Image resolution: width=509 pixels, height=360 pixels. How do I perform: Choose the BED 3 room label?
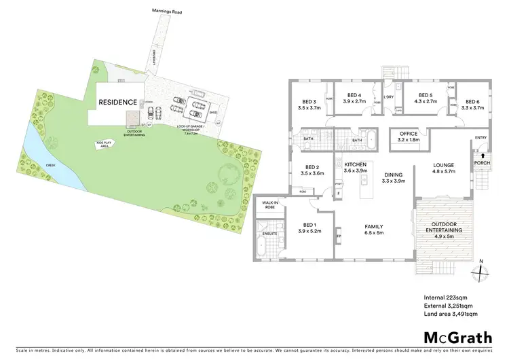309,104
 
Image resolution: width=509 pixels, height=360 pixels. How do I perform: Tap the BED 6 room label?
473,104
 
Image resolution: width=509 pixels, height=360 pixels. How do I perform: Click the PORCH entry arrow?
483,156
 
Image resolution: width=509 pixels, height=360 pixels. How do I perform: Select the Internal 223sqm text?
445,297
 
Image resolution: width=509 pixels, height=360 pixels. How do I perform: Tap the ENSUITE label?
271,234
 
